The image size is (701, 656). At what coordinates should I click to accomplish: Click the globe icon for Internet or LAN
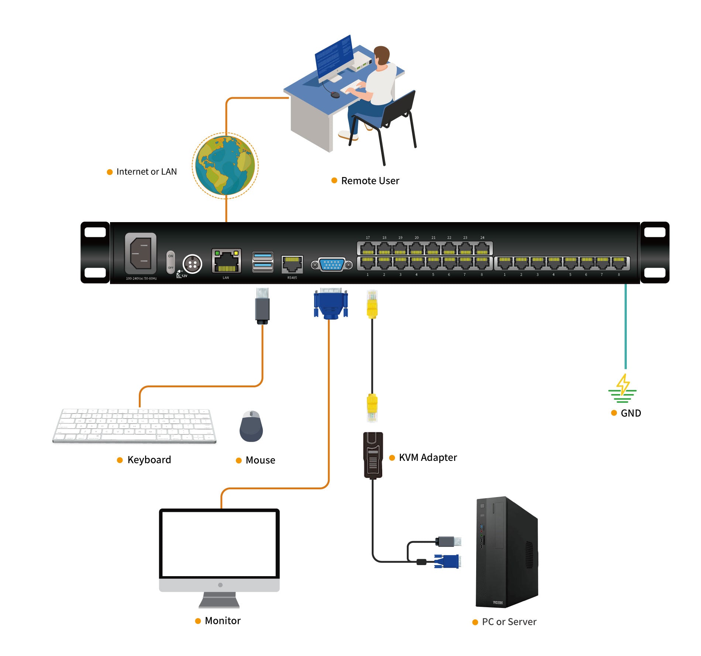(x=225, y=165)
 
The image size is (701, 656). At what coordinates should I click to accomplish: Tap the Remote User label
(x=370, y=181)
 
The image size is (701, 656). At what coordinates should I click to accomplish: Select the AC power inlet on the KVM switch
(x=141, y=253)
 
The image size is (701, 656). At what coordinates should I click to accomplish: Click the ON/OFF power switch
(x=171, y=262)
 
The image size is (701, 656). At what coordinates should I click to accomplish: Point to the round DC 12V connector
(x=192, y=264)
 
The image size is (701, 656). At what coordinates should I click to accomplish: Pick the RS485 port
(x=292, y=264)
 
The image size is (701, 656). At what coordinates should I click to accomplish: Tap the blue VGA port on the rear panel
(x=331, y=265)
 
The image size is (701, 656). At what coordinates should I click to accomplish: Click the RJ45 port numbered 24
(x=482, y=248)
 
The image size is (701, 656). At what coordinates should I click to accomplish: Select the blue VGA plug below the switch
(x=330, y=304)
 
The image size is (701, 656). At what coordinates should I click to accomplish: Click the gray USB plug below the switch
(x=262, y=306)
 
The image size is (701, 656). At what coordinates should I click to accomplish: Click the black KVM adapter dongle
(x=373, y=456)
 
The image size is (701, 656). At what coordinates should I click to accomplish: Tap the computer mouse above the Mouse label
(x=251, y=426)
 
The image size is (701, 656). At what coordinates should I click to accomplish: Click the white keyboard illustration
(x=134, y=425)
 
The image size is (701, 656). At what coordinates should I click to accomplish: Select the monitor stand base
(x=219, y=600)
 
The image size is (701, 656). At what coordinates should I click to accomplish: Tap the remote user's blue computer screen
(x=333, y=58)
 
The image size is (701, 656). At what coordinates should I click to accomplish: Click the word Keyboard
(x=149, y=460)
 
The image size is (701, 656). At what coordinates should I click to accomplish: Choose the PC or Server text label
(x=509, y=622)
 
